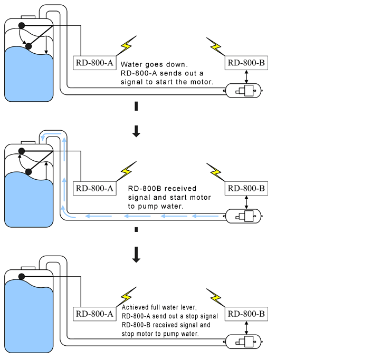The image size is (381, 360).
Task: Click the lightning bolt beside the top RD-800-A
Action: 126,45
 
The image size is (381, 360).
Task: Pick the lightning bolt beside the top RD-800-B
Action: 215,45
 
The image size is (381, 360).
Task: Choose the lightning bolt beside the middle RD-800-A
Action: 126,170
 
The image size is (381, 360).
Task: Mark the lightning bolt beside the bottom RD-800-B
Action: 215,296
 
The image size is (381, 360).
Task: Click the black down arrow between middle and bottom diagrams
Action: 136,256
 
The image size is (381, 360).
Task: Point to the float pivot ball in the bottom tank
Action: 22,276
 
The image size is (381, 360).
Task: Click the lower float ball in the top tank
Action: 28,46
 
